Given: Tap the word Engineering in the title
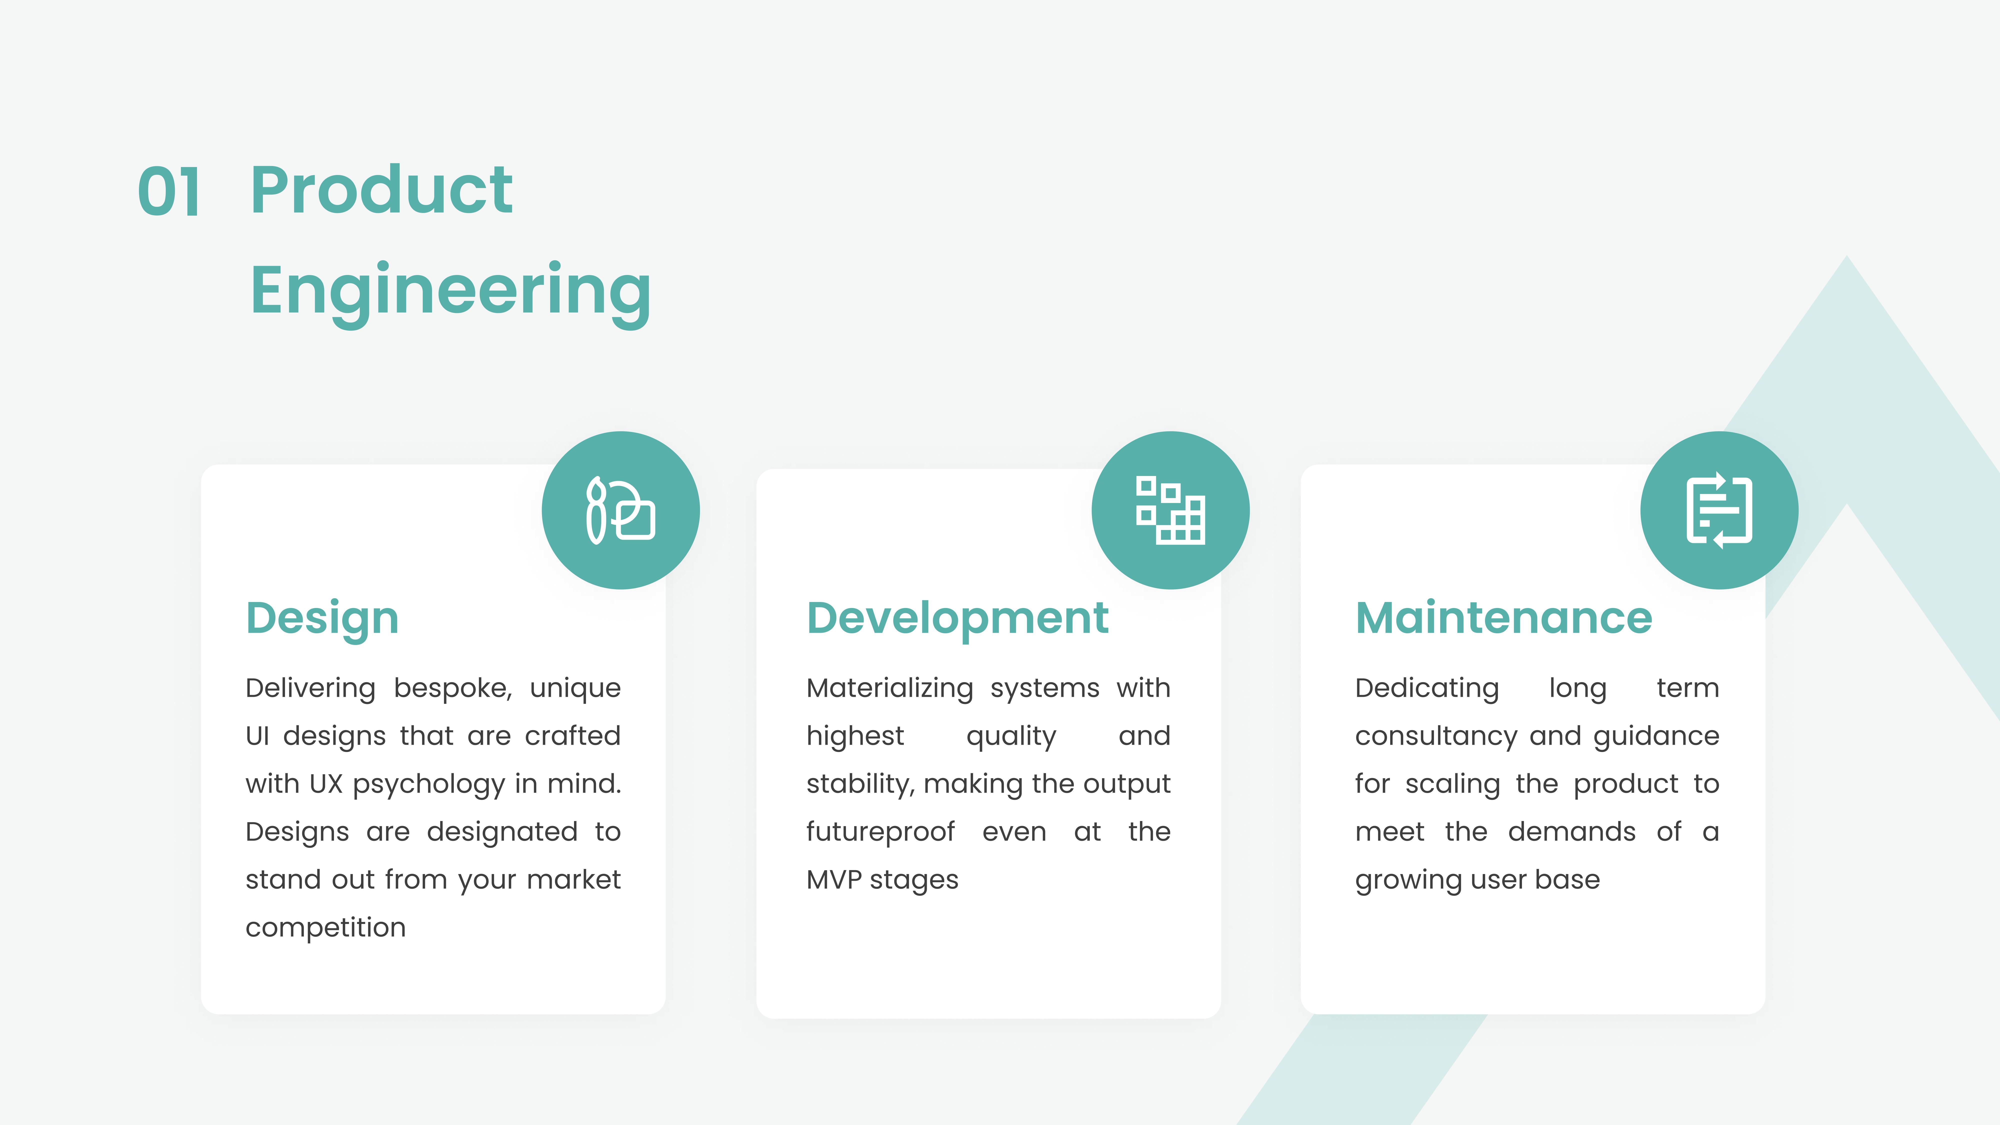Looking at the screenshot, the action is tap(450, 293).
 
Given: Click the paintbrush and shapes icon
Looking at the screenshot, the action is tap(620, 510).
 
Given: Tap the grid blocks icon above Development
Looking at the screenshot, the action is tap(1170, 510).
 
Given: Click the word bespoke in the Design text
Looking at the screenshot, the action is tap(453, 689).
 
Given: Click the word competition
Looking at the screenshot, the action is tap(325, 928).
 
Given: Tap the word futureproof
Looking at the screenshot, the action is tap(880, 832).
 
